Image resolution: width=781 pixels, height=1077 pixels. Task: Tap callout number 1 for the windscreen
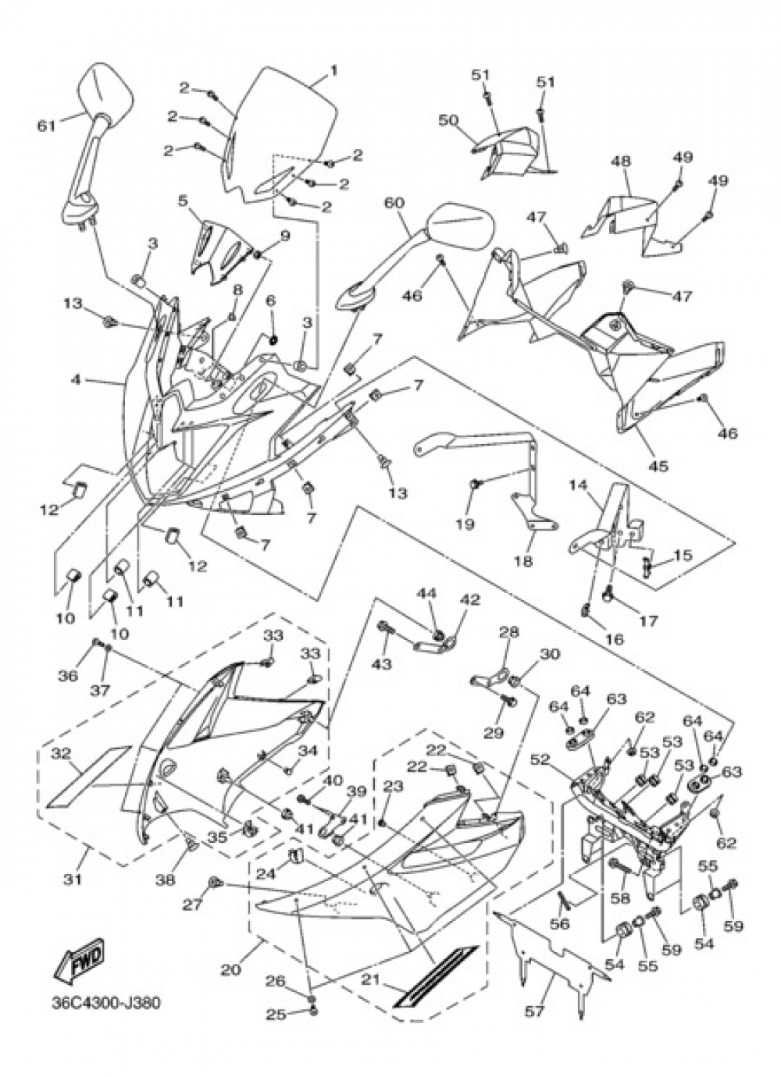333,70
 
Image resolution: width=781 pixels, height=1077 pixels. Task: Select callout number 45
659,466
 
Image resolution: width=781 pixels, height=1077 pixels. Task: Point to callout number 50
447,120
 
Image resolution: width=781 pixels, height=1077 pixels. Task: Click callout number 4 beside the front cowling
76,381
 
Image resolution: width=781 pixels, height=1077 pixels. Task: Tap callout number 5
183,201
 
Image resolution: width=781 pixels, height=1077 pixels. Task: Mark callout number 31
72,879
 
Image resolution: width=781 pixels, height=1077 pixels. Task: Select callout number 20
230,970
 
